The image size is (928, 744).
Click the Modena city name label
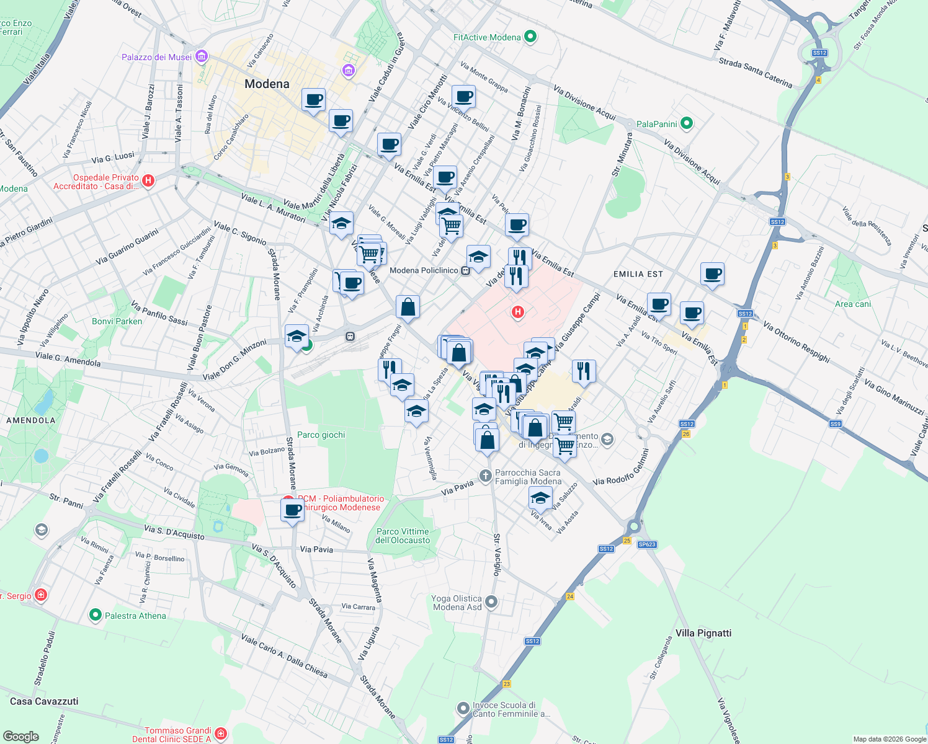(267, 84)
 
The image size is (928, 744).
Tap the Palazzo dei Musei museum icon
(201, 57)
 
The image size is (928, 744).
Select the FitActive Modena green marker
(530, 37)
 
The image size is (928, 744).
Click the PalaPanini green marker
(686, 123)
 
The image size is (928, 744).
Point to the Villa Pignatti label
(703, 633)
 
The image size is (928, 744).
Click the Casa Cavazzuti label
(44, 701)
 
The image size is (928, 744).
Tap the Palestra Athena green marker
(95, 615)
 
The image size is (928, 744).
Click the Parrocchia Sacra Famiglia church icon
(485, 476)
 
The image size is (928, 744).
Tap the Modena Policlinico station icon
(465, 270)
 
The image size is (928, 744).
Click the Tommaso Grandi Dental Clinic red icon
(221, 734)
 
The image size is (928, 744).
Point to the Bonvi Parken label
(117, 321)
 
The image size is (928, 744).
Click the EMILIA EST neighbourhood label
(638, 274)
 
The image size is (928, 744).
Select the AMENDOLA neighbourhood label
(31, 420)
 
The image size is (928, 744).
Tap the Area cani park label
(852, 304)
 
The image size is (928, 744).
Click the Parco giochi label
(321, 435)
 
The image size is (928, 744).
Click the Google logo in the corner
(20, 736)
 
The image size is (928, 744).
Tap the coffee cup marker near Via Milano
(292, 511)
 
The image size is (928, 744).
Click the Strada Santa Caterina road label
(755, 72)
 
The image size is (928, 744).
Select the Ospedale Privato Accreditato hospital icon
(148, 181)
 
